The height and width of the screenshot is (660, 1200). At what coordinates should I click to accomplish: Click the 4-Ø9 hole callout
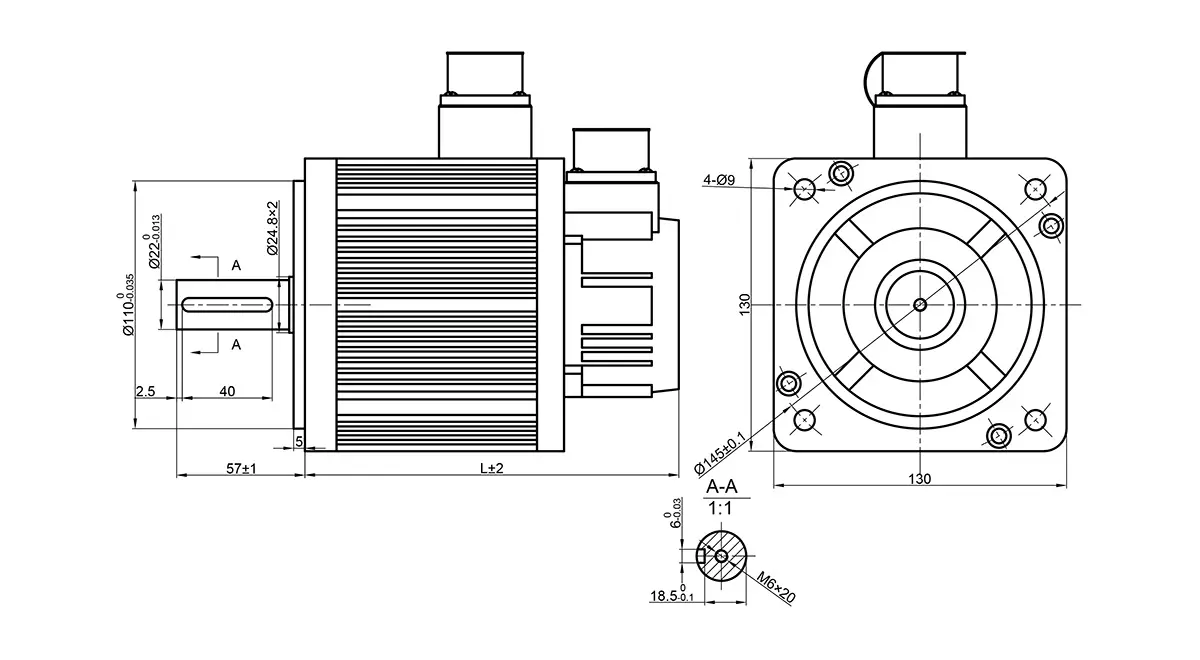coord(719,180)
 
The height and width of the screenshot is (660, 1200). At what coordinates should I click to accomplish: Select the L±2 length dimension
coord(491,467)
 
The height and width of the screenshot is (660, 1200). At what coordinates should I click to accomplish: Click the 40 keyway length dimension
coord(227,391)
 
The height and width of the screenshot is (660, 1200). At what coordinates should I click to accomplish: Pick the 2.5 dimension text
coord(145,391)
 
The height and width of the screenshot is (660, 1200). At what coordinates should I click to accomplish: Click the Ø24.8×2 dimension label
coord(273,228)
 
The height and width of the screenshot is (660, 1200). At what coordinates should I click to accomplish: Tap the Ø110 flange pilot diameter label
coord(126,305)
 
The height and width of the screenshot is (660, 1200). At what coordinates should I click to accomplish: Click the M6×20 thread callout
coord(776,587)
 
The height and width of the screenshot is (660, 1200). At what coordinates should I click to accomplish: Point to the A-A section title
coord(721,487)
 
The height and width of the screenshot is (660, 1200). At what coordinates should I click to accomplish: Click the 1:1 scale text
coord(721,508)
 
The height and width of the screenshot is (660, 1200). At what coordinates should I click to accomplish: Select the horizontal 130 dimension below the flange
coord(919,479)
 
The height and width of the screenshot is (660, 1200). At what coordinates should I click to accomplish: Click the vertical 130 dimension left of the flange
coord(744,305)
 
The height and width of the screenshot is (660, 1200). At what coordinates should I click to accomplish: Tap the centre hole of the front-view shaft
coord(920,304)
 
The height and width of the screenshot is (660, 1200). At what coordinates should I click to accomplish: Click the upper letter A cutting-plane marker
coord(236,265)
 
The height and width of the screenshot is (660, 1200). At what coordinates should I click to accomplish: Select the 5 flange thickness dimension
coord(299,440)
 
